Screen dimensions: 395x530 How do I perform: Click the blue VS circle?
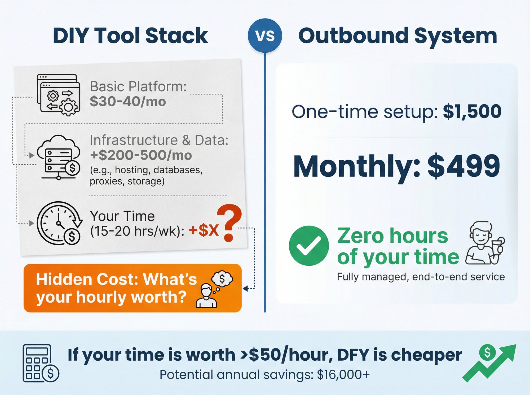265,35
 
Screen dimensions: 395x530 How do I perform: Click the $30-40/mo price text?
128,102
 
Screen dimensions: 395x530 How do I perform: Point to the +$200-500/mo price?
141,155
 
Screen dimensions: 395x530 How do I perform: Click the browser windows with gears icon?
58,94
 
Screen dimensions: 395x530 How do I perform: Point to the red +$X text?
204,230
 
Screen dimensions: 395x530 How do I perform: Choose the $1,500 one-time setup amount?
472,111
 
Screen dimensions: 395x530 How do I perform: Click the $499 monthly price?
464,166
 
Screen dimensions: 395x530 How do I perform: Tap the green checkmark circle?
309,246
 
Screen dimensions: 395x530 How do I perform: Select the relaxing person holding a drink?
484,243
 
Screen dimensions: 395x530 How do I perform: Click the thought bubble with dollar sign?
222,279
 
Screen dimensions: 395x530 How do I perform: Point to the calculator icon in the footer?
40,363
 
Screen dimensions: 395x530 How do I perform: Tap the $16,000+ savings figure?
343,375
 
